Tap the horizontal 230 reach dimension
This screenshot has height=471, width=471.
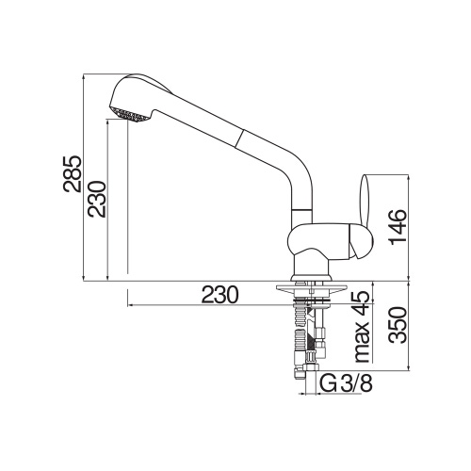pos(218,295)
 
